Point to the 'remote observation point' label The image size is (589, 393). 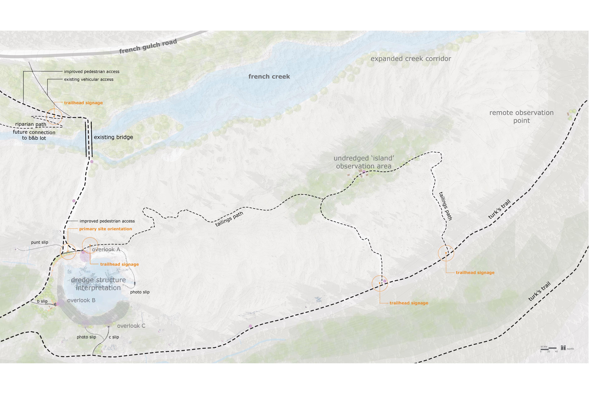[521, 116]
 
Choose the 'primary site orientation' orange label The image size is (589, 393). [105, 229]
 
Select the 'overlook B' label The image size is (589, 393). [81, 300]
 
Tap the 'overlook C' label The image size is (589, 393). [131, 326]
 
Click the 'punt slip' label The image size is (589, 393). [40, 242]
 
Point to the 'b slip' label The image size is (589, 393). [42, 301]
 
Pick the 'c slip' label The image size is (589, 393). [114, 337]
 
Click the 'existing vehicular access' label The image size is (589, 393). [89, 79]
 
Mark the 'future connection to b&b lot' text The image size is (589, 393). [34, 135]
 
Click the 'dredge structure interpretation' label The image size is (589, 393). [98, 284]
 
